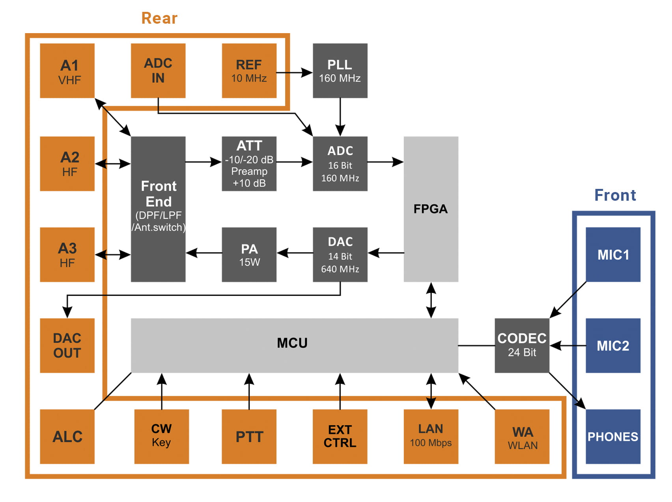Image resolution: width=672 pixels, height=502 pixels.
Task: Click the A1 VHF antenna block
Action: point(67,71)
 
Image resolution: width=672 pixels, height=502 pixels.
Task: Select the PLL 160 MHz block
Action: point(340,71)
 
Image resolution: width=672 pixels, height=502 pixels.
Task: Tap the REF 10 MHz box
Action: point(249,71)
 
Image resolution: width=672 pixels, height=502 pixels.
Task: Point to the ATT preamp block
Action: point(249,164)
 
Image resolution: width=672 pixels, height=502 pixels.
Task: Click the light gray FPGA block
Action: point(431,209)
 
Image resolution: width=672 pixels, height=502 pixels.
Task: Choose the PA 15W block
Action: point(249,255)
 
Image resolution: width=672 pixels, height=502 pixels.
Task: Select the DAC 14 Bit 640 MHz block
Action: point(340,255)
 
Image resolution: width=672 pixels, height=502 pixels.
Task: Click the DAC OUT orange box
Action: point(67,345)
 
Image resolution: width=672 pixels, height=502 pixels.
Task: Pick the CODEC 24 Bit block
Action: point(522,345)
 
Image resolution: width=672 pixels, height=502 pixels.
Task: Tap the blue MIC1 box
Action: point(613,255)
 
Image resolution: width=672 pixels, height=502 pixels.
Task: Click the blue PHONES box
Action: point(613,437)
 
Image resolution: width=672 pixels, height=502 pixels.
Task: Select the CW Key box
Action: point(161,437)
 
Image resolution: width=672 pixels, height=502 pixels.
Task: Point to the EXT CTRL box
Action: point(340,437)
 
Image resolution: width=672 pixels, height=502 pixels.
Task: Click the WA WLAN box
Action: point(522,437)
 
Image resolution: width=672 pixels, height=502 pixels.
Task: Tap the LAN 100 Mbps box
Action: point(431,437)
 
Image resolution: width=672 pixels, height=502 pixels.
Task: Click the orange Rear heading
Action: point(159,18)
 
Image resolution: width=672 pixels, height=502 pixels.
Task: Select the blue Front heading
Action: point(615,195)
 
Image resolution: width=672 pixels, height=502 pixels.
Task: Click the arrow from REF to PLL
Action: point(294,73)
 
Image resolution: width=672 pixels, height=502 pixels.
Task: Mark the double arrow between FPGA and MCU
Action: point(431,300)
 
